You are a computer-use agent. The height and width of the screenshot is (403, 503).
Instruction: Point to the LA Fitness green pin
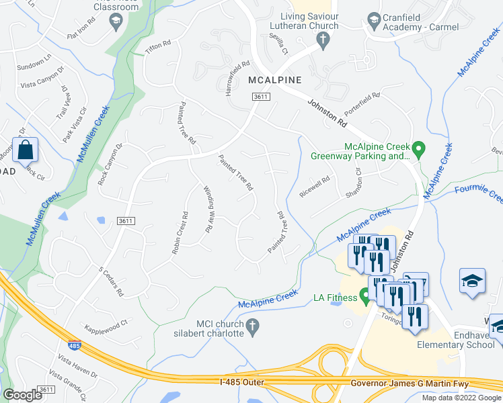365,295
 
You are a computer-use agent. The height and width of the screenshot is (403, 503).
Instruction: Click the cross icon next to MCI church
252,328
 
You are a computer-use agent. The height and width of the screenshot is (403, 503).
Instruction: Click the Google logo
22,395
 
